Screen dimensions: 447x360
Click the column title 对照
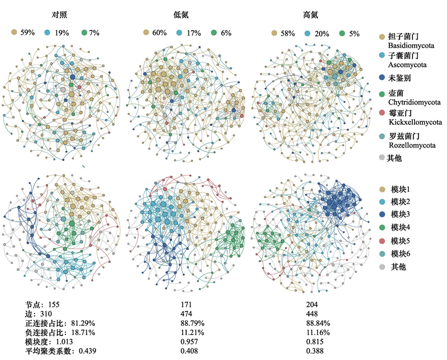[59, 15]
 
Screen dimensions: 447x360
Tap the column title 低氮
[181, 15]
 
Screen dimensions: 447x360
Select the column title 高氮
[311, 15]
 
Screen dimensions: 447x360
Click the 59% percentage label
[27, 32]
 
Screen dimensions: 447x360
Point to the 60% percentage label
[159, 32]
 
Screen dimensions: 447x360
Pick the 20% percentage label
[322, 34]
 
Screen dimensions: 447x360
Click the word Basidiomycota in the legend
[411, 45]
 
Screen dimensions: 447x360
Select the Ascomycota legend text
[407, 65]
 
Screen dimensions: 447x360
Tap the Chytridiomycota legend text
[414, 102]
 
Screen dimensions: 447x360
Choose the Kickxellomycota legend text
[415, 122]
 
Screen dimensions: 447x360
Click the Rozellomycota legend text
[412, 145]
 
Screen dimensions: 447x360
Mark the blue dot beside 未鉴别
[382, 78]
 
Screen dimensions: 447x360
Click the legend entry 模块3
[400, 214]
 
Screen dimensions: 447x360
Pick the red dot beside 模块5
[382, 241]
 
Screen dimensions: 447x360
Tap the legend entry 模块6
[400, 254]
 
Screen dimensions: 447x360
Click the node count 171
[186, 305]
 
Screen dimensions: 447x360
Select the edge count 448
[312, 314]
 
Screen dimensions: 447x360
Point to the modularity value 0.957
[189, 342]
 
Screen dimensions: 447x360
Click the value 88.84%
[318, 323]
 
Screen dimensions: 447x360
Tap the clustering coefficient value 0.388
[315, 350]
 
